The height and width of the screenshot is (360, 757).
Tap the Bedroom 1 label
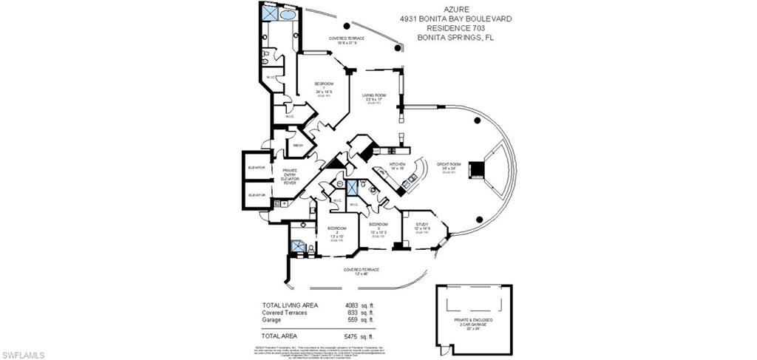[324, 87]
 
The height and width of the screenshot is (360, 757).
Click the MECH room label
[299, 146]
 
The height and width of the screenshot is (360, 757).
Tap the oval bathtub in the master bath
[288, 14]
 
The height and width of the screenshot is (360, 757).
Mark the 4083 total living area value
[351, 305]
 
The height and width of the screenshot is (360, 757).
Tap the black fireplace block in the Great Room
[479, 169]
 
